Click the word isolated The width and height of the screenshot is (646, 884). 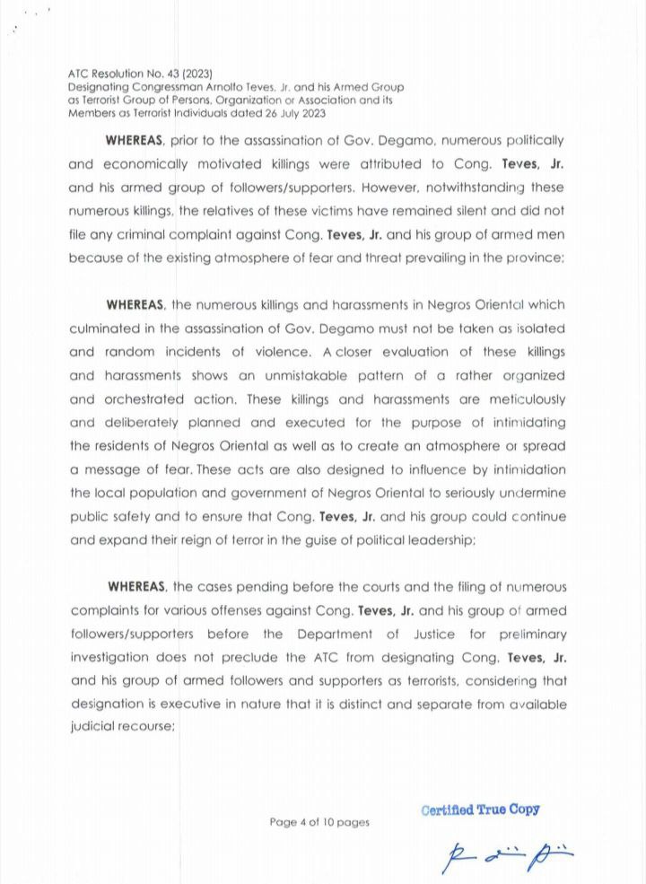click(x=537, y=328)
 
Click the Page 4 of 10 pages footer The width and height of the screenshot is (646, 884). click(x=319, y=821)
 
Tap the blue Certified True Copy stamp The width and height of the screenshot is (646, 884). click(x=481, y=809)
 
